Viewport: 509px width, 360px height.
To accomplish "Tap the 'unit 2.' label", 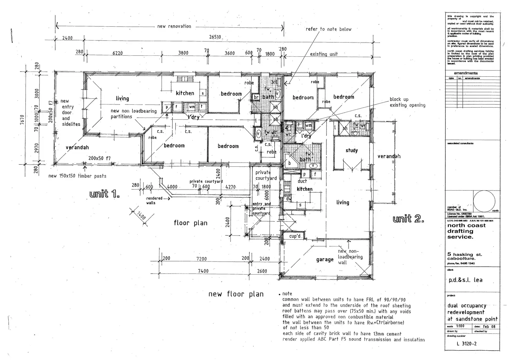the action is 408,219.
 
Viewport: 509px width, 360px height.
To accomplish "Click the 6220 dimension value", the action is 118,53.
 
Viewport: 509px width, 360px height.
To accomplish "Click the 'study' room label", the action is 352,150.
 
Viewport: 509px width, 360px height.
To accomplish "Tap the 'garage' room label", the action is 325,259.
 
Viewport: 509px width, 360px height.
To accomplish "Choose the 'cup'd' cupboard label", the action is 295,236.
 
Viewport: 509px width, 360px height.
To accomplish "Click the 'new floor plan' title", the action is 236,294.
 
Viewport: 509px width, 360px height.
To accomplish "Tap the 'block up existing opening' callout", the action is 407,102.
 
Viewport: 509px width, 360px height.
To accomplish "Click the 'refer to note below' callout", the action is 328,29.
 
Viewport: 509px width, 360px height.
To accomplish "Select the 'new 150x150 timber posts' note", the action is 77,176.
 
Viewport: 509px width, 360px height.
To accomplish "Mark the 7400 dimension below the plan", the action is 203,271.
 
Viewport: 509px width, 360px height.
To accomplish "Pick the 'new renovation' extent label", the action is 174,26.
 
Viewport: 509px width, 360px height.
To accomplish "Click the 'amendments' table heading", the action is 465,73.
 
